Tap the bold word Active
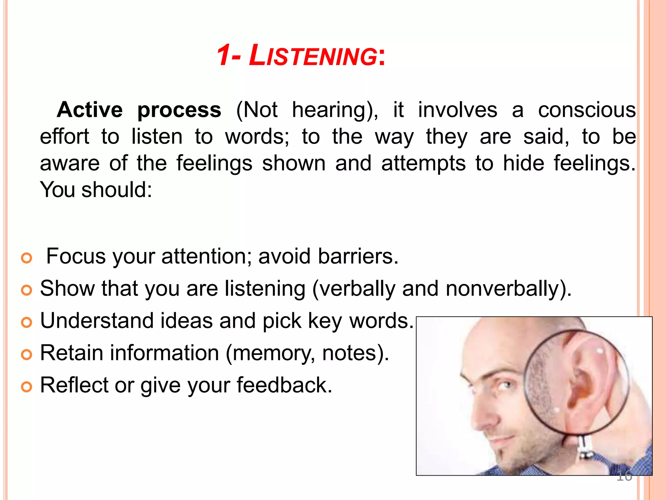pos(90,110)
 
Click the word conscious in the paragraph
pos(587,110)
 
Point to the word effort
pos(64,136)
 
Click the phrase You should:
pos(96,190)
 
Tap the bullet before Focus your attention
pos(27,258)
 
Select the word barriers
pos(358,256)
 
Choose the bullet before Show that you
pos(27,290)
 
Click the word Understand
pos(97,321)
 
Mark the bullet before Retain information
pos(27,354)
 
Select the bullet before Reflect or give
pos(27,387)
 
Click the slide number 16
pos(624,476)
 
